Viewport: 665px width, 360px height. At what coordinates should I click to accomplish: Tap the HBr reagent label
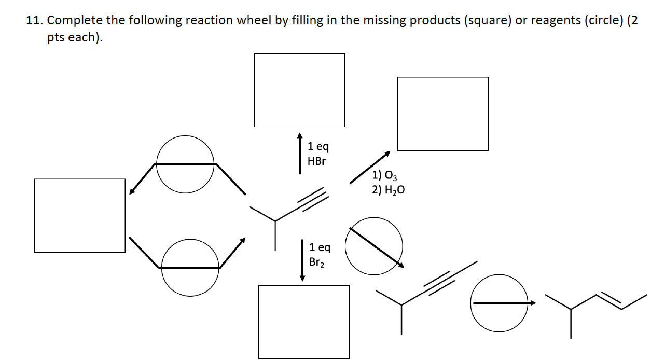point(316,161)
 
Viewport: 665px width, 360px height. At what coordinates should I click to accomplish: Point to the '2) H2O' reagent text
point(388,190)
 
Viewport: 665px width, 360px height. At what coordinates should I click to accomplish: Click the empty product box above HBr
point(299,90)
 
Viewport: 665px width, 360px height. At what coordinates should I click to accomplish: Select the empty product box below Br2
point(304,322)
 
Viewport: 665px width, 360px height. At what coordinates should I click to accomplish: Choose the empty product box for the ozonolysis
point(442,114)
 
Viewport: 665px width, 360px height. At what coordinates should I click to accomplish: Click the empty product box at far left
point(80,215)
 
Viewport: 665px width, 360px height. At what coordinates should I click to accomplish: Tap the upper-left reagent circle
point(185,163)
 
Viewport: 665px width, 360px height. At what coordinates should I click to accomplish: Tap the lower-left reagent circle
point(190,268)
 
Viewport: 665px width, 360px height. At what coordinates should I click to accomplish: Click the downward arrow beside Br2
point(302,259)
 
